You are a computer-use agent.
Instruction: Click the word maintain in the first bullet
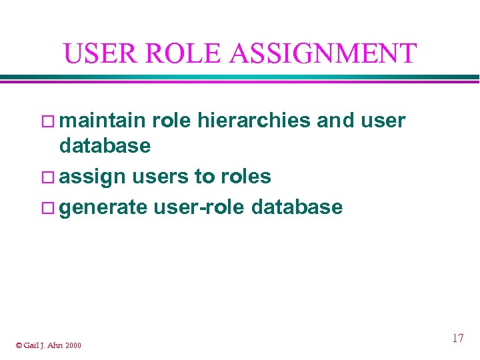103,120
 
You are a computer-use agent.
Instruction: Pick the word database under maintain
105,145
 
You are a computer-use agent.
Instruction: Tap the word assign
93,177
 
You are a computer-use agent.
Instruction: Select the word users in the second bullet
160,177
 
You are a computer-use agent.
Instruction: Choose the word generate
103,207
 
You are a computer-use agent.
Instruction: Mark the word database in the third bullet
297,207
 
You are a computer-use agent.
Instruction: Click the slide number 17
457,338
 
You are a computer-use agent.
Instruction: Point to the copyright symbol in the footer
19,345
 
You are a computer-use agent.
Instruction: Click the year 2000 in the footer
73,345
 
